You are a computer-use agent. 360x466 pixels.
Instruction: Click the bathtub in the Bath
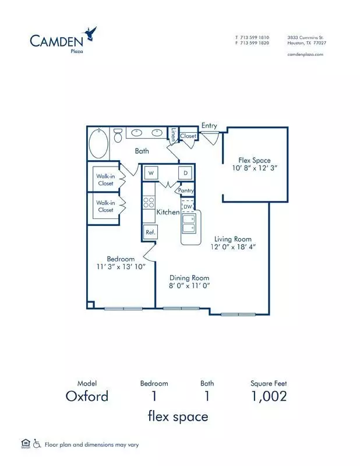coord(98,144)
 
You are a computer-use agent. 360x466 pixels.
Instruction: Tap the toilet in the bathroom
coord(118,135)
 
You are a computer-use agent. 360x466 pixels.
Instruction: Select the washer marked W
coord(151,172)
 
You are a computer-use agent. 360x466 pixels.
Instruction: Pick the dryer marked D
coord(185,172)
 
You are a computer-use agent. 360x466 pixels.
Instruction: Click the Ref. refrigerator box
coord(150,232)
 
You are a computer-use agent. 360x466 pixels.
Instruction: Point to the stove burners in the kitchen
coord(149,202)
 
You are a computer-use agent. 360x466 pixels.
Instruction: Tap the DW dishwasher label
coord(188,207)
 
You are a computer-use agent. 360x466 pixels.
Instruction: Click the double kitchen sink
coord(189,224)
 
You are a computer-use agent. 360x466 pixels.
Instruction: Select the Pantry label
coord(186,190)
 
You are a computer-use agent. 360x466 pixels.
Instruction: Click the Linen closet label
coord(173,135)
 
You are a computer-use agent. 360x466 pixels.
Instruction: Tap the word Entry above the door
coord(209,126)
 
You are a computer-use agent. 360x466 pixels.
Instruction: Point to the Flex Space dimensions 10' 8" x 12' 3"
coord(255,168)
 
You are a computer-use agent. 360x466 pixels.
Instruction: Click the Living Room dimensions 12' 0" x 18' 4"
coord(233,246)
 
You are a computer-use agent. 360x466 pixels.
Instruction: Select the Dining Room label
coord(189,278)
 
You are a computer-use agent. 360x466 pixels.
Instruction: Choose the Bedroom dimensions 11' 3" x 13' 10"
coord(121,267)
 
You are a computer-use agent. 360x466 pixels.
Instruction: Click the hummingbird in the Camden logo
coord(91,34)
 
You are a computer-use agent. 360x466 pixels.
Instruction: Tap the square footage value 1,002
coord(269,397)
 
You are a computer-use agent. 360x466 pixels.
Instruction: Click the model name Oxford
coord(87,396)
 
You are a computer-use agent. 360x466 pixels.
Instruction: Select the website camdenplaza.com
coord(305,54)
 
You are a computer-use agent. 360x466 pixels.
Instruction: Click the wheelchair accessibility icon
coord(37,444)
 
